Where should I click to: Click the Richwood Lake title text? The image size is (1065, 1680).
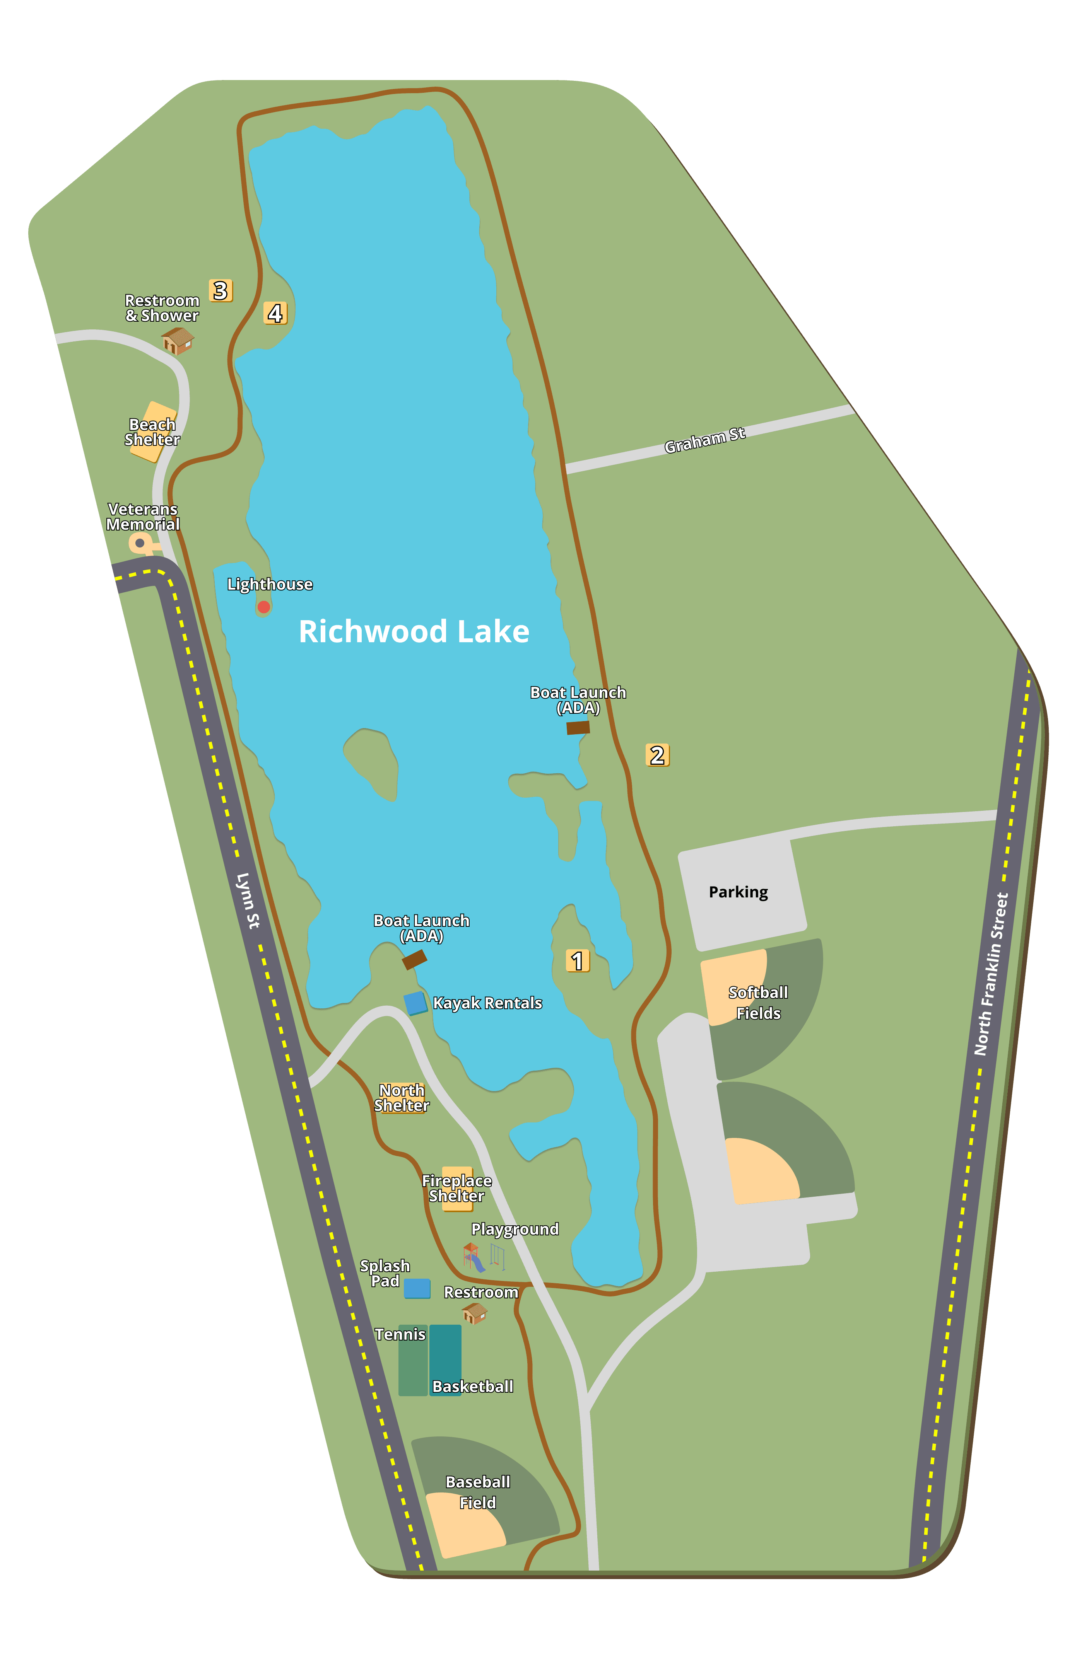[x=414, y=631]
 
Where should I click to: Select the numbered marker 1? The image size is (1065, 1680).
[x=577, y=961]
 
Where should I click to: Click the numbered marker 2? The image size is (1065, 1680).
[x=657, y=755]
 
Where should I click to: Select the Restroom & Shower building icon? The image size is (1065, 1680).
[x=178, y=341]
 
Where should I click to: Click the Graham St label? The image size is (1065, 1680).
[x=705, y=440]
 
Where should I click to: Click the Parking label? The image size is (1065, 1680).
[x=738, y=892]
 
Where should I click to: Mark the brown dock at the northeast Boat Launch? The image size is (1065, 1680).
[x=578, y=728]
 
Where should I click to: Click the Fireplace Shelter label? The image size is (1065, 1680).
[x=457, y=1188]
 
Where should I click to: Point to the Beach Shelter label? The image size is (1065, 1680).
[x=152, y=432]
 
